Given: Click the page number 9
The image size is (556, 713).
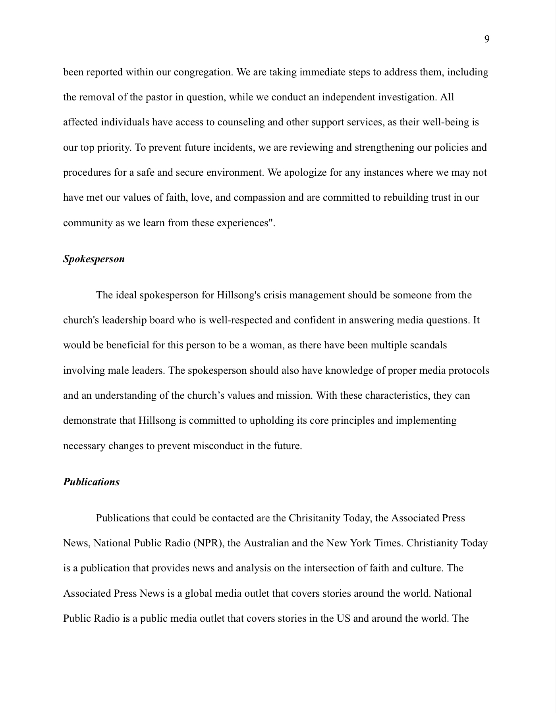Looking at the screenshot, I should [486, 39].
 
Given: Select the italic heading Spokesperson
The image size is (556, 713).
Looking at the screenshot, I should [94, 259].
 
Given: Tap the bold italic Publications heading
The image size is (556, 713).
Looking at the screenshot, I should [91, 482].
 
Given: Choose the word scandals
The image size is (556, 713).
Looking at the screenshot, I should [428, 345].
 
